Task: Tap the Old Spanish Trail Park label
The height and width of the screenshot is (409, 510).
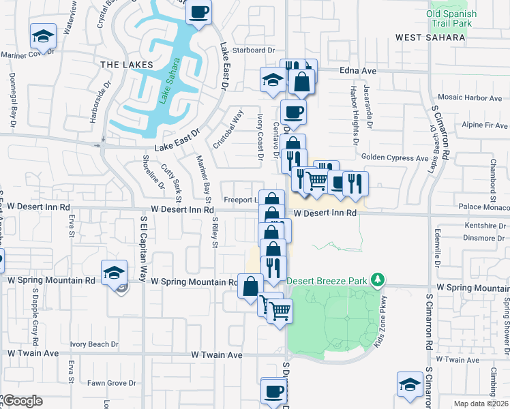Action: (x=449, y=18)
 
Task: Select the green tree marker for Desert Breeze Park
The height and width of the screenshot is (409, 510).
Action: (x=376, y=279)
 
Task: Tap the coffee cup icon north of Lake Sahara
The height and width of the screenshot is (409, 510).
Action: (x=198, y=12)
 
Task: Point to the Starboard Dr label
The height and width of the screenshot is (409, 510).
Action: (x=253, y=50)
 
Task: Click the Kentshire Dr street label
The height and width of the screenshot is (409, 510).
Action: (x=463, y=225)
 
